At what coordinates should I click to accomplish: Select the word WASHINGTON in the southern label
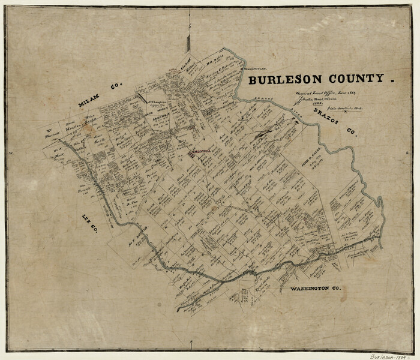309,289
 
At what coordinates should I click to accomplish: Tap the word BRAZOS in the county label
325,117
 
